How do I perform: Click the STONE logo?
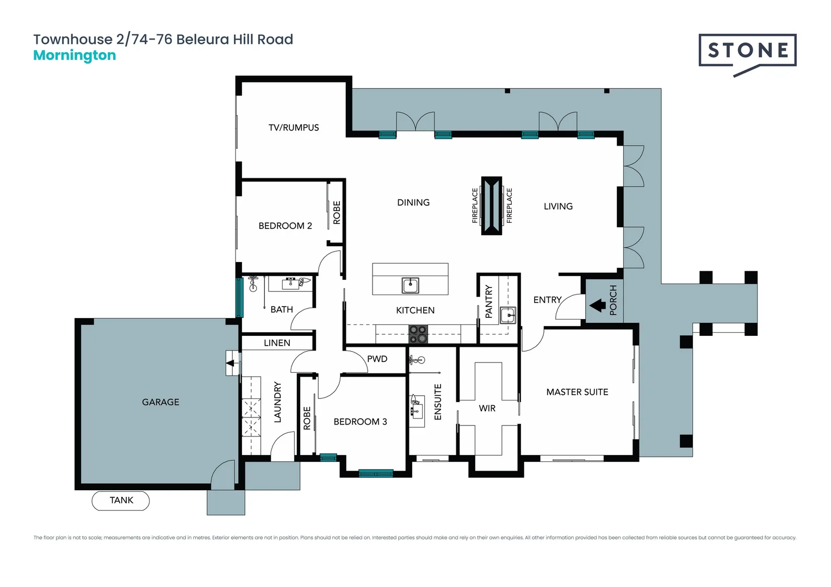(747, 52)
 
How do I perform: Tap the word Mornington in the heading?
(75, 55)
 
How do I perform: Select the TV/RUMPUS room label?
(294, 128)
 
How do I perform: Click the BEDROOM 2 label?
(285, 226)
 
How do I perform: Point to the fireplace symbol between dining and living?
(492, 206)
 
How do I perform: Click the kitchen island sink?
(410, 285)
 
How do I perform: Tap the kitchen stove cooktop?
(418, 334)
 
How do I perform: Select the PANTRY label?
(488, 302)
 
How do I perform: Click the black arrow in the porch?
(598, 305)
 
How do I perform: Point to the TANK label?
(121, 501)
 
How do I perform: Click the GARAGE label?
(160, 402)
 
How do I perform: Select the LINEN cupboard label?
(277, 343)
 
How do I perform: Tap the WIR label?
(487, 408)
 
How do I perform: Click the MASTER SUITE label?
(577, 392)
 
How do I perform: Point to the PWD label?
(377, 359)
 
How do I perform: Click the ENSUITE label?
(438, 402)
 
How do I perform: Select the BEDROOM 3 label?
(360, 422)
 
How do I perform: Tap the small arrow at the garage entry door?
(231, 363)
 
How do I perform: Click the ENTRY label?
(547, 300)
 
